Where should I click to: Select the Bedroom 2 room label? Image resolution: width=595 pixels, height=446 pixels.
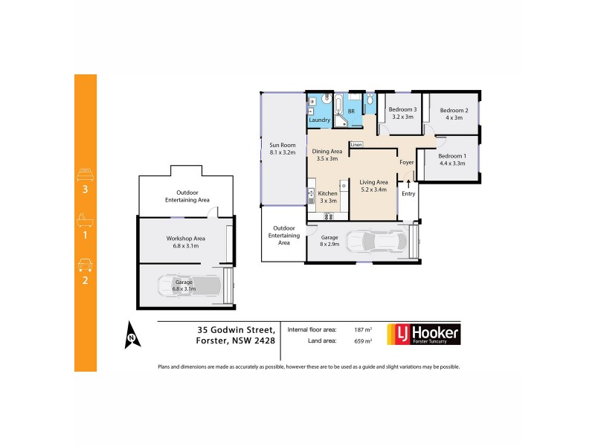click(x=453, y=113)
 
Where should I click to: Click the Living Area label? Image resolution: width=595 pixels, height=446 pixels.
click(x=373, y=182)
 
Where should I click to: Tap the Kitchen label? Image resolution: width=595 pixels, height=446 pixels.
click(x=328, y=196)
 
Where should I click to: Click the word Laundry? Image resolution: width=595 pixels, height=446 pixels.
click(x=319, y=120)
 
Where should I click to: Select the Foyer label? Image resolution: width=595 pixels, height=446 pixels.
click(x=406, y=162)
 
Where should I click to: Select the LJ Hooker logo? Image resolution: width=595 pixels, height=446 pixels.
click(x=424, y=334)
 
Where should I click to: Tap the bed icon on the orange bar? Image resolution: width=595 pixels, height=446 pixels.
click(x=85, y=175)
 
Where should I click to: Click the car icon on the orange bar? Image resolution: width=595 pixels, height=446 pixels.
click(x=85, y=265)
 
